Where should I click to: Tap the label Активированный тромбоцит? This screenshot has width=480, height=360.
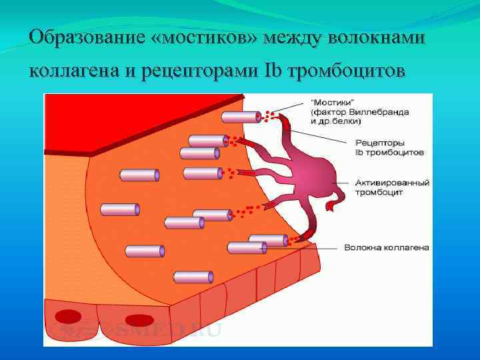(x=391, y=187)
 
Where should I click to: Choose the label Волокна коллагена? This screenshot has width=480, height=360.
(x=386, y=247)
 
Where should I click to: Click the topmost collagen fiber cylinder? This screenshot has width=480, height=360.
(x=241, y=117)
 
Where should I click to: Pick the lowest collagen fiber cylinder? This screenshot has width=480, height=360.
(x=193, y=277)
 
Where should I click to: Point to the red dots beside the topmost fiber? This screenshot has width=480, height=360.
(x=269, y=116)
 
